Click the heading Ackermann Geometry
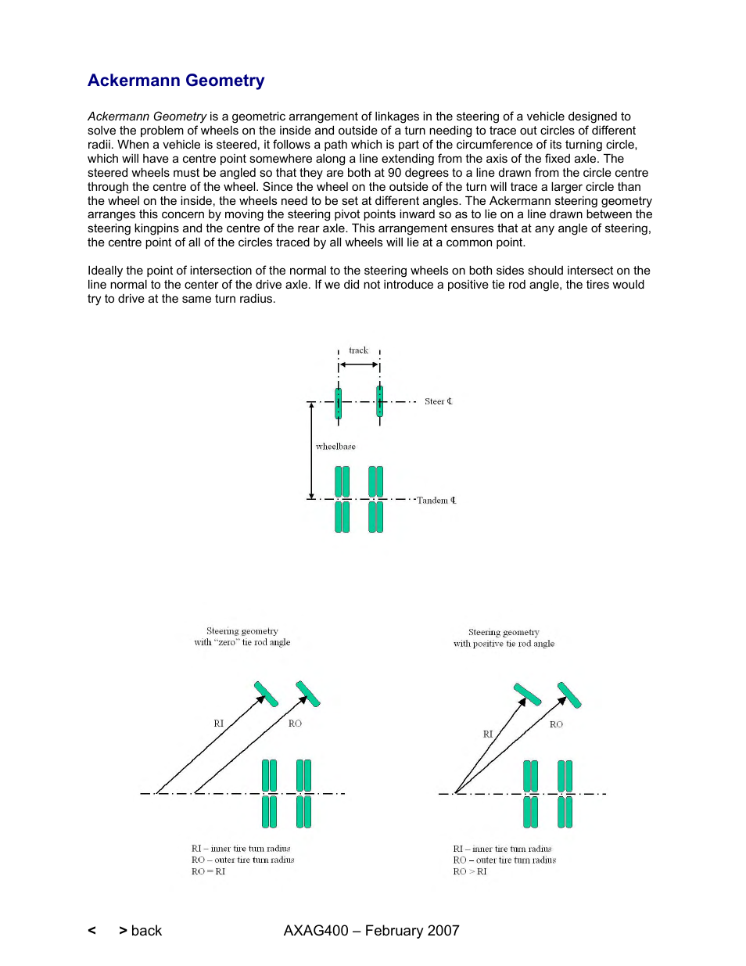coord(176,81)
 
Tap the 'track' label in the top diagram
coord(358,350)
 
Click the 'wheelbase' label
coord(335,447)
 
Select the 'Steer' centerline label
coord(438,401)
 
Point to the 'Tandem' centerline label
coord(436,501)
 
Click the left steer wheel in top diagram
coord(338,403)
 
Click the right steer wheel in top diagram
coord(379,401)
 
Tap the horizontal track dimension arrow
coord(359,364)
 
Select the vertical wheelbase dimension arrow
coord(311,451)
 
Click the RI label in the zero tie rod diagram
coord(219,724)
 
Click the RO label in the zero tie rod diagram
coord(295,724)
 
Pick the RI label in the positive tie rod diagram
coord(488,734)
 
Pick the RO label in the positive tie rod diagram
coord(556,724)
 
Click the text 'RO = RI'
coord(208,871)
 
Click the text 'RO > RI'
coord(469,871)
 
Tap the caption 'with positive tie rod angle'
coord(504,644)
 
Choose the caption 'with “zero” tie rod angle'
coord(242,642)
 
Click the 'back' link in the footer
coord(146,931)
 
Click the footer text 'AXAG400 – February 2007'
coord(371,931)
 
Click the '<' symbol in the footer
coord(92,931)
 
